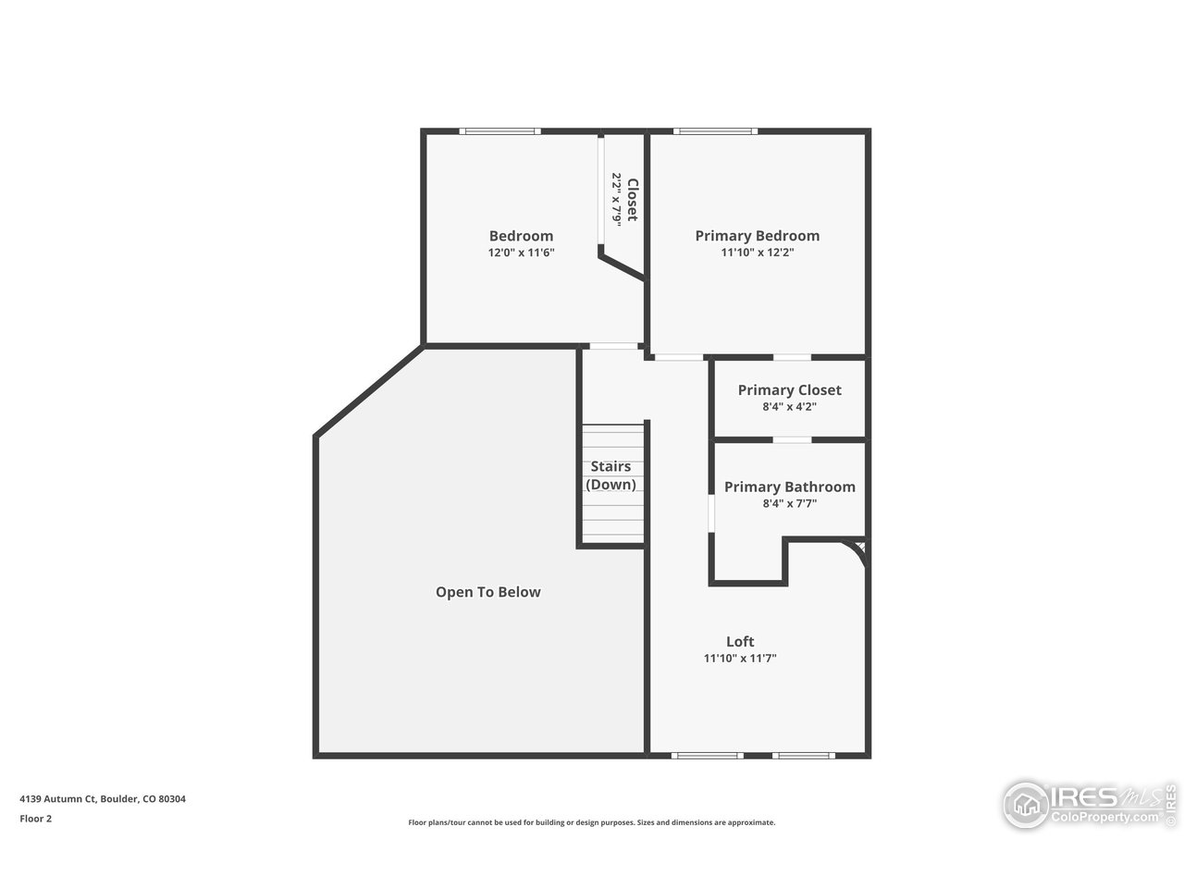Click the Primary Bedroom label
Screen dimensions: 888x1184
click(757, 236)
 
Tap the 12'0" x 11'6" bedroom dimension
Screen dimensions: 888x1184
click(521, 253)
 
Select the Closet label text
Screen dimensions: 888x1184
click(633, 199)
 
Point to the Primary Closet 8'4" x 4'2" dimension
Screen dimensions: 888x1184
click(789, 406)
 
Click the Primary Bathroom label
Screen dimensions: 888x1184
click(789, 487)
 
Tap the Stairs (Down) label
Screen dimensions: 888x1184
click(611, 475)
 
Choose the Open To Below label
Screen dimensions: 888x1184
click(487, 592)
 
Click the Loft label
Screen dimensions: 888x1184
click(740, 641)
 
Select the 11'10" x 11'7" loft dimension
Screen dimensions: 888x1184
click(740, 659)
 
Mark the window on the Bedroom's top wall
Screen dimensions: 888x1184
click(500, 131)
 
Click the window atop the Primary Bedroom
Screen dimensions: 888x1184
click(716, 131)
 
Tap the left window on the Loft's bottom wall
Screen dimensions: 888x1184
click(708, 756)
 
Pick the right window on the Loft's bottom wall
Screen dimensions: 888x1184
click(803, 756)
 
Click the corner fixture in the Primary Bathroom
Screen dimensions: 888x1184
click(859, 550)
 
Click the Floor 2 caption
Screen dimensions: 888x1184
click(36, 819)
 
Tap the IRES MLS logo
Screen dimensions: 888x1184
click(1088, 803)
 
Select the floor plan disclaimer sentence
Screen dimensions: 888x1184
click(592, 822)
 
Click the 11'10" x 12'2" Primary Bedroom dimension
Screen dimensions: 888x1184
click(757, 253)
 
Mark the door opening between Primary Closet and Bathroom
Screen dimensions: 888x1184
click(792, 439)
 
